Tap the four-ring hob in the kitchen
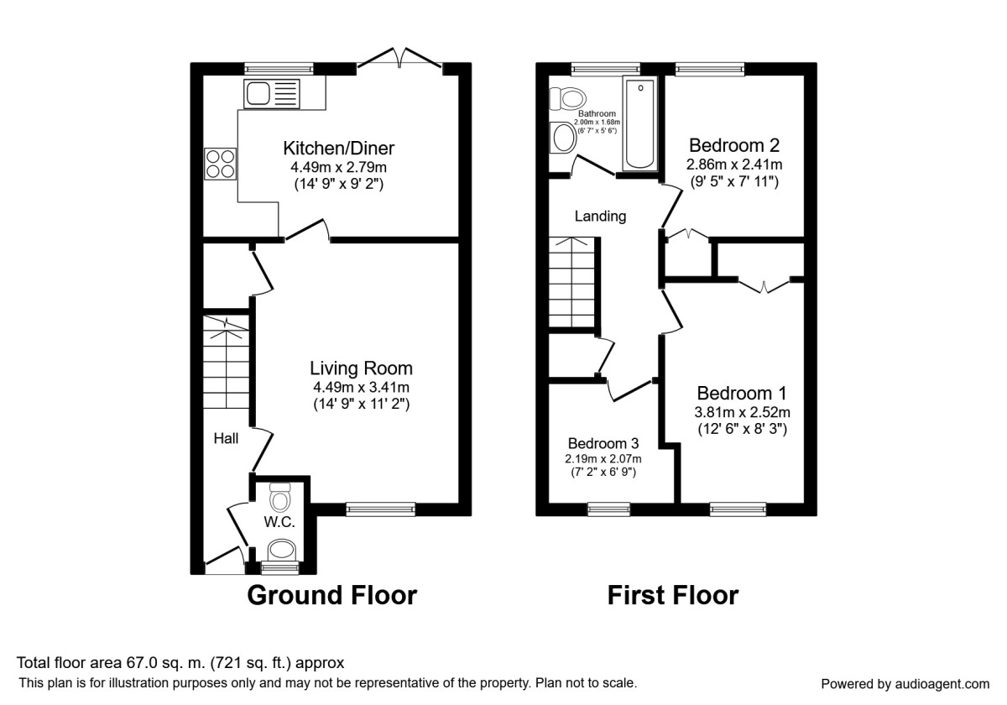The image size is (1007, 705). coord(221,163)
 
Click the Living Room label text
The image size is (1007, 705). coord(361,368)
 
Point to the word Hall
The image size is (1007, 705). coord(226,438)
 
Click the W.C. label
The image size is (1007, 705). coord(279,522)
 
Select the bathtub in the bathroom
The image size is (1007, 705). coord(640,123)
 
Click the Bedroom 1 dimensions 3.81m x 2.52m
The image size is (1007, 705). coord(743,412)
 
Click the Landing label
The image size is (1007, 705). coord(600,216)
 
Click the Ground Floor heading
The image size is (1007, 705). coord(331,596)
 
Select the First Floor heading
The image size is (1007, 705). coord(672,596)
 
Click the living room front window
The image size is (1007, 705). coord(380,508)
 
